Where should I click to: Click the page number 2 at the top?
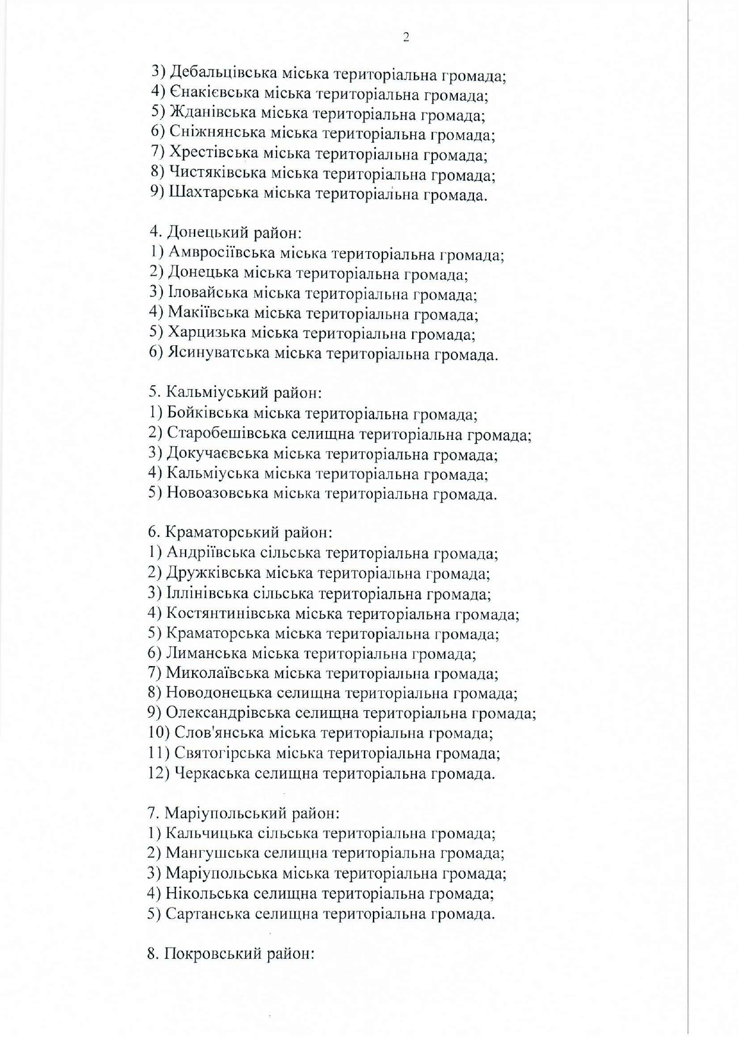[x=406, y=38]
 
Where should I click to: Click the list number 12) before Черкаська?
[x=159, y=773]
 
